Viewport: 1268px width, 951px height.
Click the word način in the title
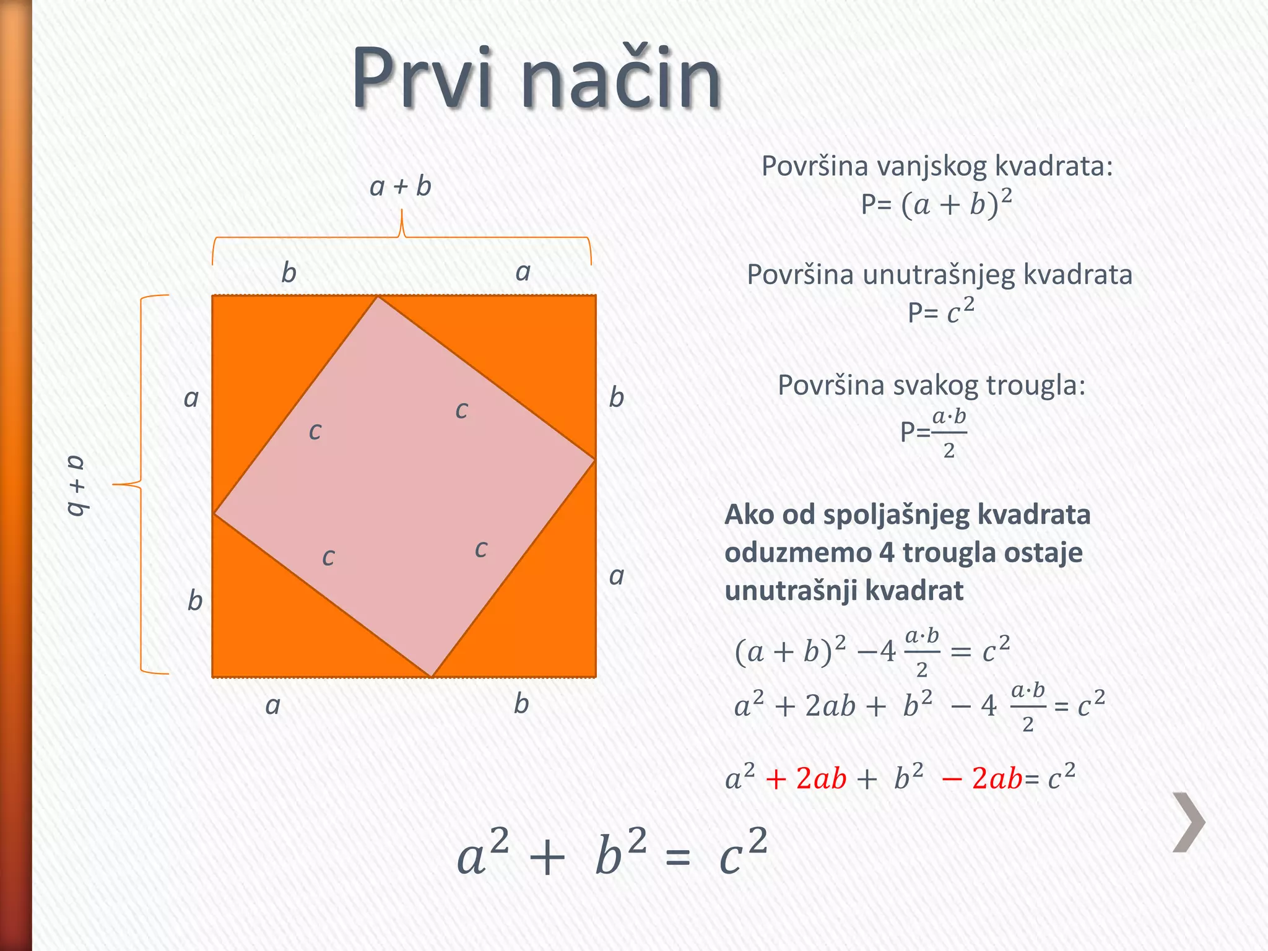[x=622, y=79]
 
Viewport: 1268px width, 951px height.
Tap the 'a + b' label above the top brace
[x=400, y=186]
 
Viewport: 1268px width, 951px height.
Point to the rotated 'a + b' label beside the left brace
[x=77, y=485]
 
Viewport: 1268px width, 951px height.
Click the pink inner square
[x=402, y=483]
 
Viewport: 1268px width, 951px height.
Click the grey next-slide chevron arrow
[x=1189, y=822]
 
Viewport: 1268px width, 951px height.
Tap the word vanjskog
[x=928, y=166]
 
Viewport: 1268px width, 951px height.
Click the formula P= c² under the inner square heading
[x=940, y=311]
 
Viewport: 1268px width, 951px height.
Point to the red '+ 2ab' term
[x=806, y=778]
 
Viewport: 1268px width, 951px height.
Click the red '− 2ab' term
[x=981, y=778]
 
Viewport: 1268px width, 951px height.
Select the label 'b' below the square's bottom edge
[x=521, y=704]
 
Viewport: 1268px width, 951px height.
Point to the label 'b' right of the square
[x=616, y=397]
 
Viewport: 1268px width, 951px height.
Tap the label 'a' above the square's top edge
[x=523, y=272]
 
